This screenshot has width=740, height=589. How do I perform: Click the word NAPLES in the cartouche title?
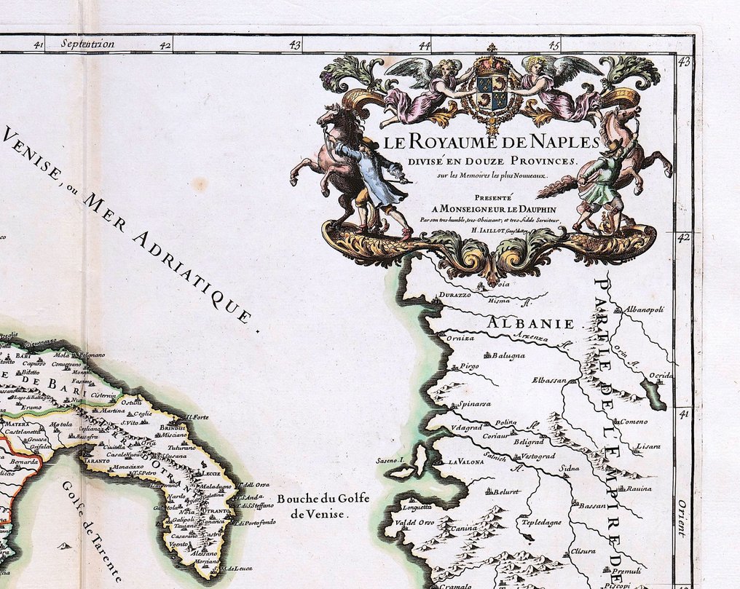(556, 142)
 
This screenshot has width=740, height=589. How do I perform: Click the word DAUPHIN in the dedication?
(518, 207)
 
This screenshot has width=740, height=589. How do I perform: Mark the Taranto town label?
(96, 462)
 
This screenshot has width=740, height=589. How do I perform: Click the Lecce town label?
(202, 473)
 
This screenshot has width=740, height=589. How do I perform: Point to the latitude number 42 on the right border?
(683, 237)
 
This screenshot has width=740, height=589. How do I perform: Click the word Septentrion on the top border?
(88, 44)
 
